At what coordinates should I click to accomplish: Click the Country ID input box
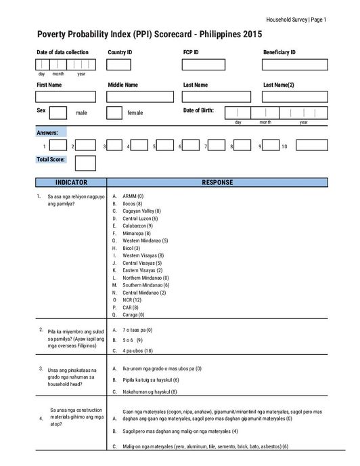[118, 64]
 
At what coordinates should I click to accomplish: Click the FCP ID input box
[194, 64]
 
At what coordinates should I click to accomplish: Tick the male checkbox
[58, 112]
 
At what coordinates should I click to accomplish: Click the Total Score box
[85, 163]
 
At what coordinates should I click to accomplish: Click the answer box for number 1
[58, 146]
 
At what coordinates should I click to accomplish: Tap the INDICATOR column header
[71, 183]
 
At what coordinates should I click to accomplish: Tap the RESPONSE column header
[217, 183]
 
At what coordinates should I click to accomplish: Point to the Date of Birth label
[198, 110]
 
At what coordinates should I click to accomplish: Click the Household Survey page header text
[296, 20]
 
